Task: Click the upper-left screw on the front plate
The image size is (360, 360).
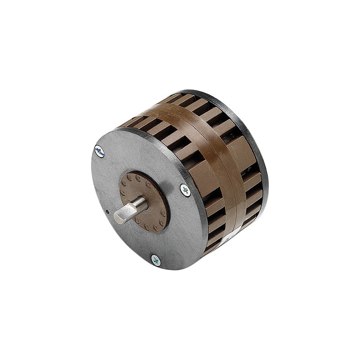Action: pyautogui.click(x=99, y=152)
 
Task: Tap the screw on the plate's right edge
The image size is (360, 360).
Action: pyautogui.click(x=185, y=190)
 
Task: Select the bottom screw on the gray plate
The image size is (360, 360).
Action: pyautogui.click(x=156, y=260)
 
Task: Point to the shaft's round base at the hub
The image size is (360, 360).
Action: pyautogui.click(x=143, y=203)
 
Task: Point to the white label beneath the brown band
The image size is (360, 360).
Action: pyautogui.click(x=232, y=234)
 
